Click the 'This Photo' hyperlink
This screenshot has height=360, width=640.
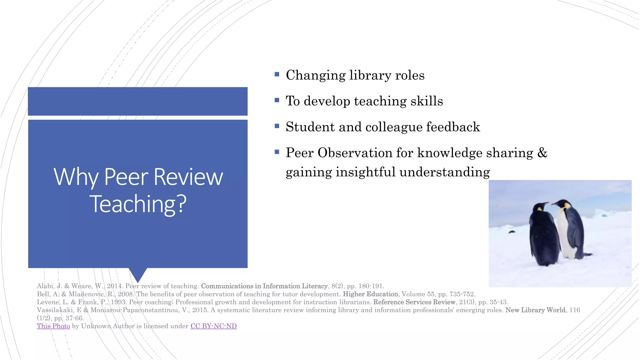click(x=53, y=326)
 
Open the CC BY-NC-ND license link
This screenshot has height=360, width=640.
click(x=213, y=326)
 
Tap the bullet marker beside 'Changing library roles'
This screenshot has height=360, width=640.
click(x=277, y=74)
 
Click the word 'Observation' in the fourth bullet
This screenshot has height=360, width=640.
click(x=355, y=153)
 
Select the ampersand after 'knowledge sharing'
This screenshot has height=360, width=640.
click(x=542, y=153)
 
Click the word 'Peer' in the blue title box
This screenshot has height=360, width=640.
click(x=126, y=177)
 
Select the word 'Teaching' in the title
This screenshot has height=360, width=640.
click(x=133, y=204)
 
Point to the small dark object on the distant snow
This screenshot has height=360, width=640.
click(x=512, y=232)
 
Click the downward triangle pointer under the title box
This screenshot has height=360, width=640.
click(x=138, y=274)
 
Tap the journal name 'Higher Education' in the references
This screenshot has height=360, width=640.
click(x=370, y=294)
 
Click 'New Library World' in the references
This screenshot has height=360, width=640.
click(x=535, y=310)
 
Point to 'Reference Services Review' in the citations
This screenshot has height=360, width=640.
click(x=414, y=302)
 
